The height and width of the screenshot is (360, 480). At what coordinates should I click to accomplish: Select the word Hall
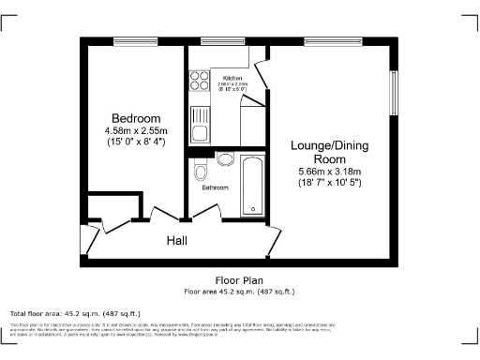[176, 241]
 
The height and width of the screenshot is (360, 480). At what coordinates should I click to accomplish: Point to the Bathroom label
[216, 187]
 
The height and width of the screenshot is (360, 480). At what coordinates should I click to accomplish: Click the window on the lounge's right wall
[394, 94]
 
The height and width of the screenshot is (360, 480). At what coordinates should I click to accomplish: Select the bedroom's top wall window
[127, 41]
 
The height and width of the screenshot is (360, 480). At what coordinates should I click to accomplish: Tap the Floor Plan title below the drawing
[237, 280]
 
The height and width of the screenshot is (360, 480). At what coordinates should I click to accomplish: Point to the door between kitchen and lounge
[263, 79]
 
